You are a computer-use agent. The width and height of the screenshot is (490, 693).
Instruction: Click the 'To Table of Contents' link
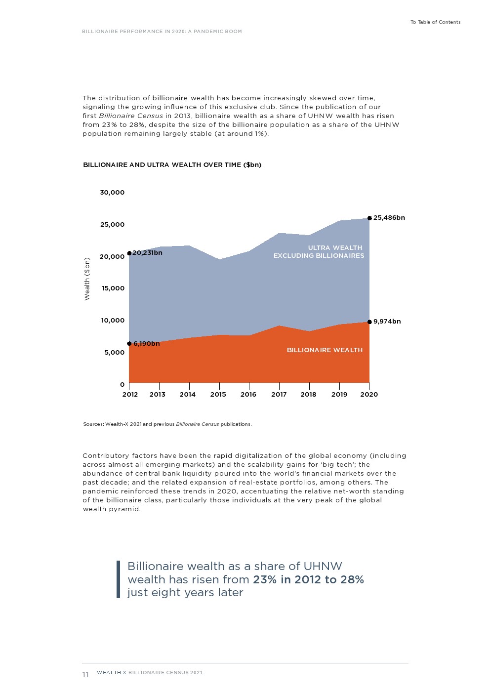435,22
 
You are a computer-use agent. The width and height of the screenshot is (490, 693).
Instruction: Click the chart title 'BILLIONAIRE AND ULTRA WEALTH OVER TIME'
172,165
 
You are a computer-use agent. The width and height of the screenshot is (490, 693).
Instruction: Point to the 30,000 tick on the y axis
112,193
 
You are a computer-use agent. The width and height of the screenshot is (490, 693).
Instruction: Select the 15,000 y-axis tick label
113,288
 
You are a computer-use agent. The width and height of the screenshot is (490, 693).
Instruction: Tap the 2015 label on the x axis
218,395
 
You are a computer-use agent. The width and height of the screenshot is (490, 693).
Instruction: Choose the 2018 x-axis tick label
308,395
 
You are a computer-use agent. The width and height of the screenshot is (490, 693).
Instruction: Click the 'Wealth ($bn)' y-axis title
87,279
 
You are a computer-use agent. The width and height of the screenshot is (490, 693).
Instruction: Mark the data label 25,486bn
389,218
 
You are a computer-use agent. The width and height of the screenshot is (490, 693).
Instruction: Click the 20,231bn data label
147,253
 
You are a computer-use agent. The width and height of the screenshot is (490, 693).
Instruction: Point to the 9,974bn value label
387,322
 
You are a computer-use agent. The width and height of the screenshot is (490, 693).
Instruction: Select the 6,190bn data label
146,344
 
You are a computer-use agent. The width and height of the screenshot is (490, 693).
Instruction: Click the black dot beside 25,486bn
369,218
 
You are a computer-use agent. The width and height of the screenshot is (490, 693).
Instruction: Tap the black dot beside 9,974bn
369,322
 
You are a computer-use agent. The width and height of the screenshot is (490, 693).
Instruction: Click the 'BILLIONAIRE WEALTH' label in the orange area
325,350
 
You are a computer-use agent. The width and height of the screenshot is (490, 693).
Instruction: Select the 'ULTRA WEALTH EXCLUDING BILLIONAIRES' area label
319,252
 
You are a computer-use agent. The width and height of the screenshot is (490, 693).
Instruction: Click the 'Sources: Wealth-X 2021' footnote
167,424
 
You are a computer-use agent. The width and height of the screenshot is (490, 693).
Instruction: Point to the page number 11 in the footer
85,675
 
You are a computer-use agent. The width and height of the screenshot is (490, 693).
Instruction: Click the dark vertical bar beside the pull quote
119,579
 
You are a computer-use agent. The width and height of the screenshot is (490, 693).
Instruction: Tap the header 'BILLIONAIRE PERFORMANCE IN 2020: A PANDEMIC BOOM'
162,32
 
